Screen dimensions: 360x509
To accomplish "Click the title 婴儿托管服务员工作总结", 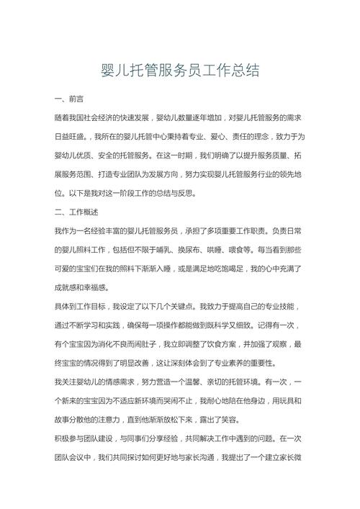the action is [x=180, y=70].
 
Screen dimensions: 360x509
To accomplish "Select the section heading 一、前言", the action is [x=71, y=97].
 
